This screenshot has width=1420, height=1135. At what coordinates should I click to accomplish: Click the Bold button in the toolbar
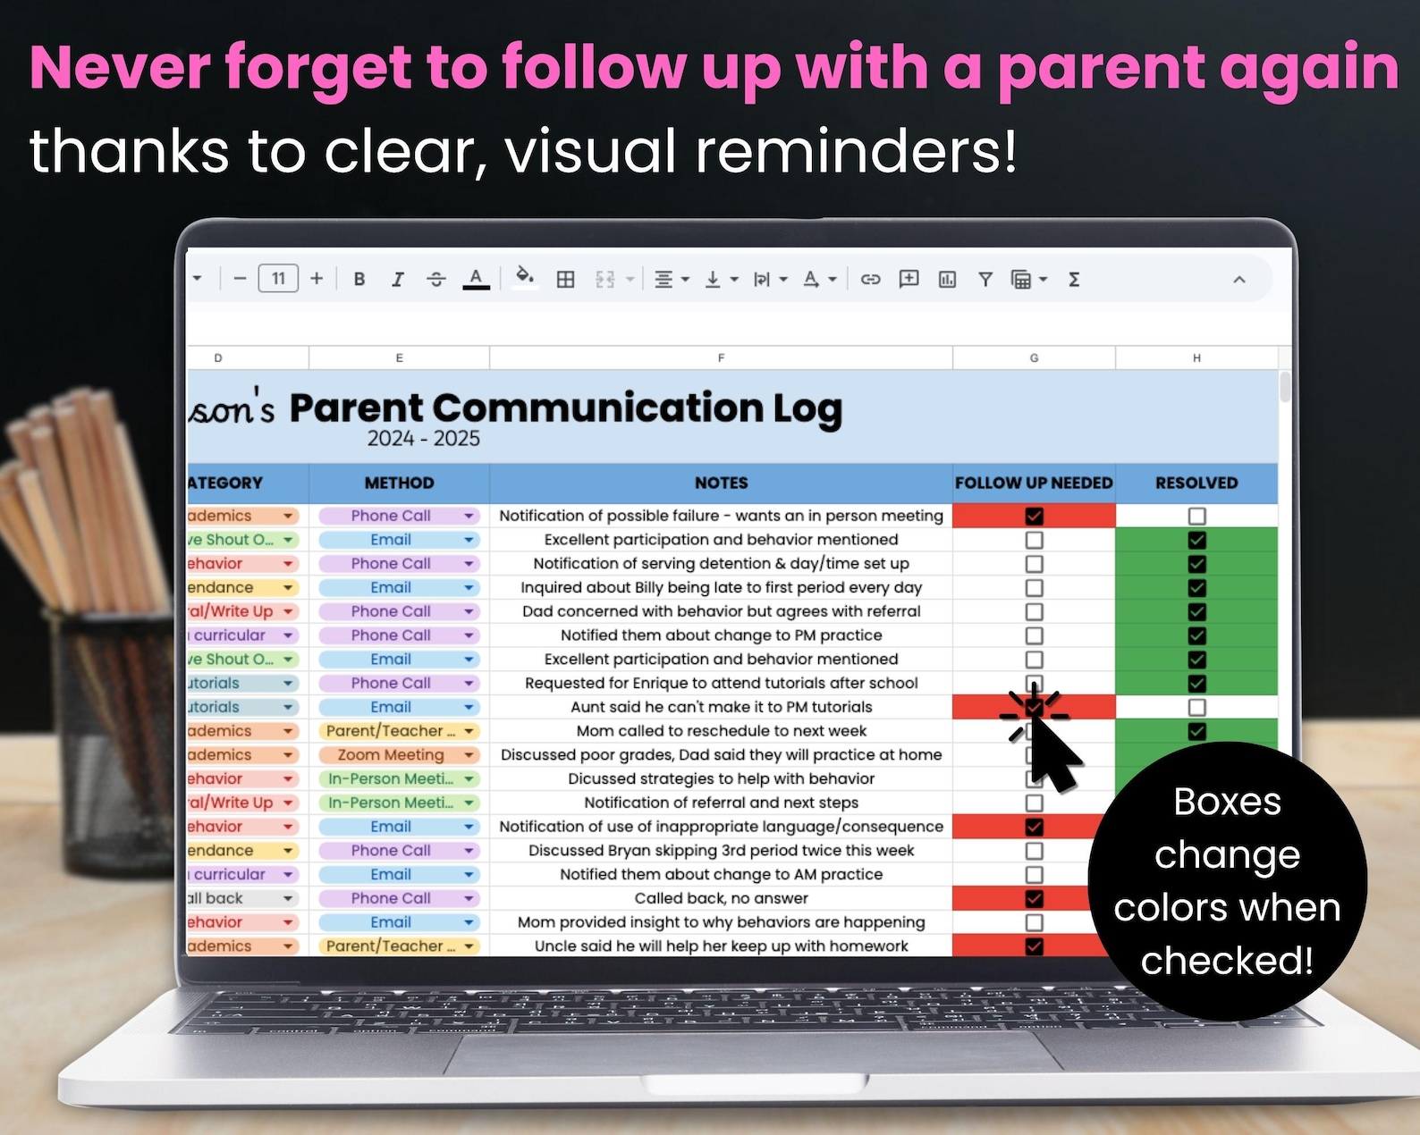pyautogui.click(x=359, y=279)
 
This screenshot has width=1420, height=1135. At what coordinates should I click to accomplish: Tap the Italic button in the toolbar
pyautogui.click(x=397, y=279)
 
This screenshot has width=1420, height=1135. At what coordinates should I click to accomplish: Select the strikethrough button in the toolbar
pyautogui.click(x=435, y=279)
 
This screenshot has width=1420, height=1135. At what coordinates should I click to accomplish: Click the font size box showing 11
pyautogui.click(x=278, y=279)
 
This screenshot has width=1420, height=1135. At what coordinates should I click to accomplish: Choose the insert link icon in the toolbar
pyautogui.click(x=870, y=279)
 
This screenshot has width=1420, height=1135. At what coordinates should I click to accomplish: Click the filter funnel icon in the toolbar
pyautogui.click(x=985, y=279)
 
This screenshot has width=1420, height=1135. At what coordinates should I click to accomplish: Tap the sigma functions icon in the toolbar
pyautogui.click(x=1074, y=279)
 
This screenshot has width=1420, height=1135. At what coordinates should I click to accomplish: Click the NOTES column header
pyautogui.click(x=721, y=483)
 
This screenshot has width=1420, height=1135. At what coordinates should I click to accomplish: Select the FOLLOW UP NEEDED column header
pyautogui.click(x=1034, y=483)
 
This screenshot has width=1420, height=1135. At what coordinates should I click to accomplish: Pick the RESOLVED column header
pyautogui.click(x=1196, y=483)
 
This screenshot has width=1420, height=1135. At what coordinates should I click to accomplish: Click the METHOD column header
pyautogui.click(x=399, y=483)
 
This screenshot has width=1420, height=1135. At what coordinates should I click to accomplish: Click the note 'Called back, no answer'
pyautogui.click(x=721, y=898)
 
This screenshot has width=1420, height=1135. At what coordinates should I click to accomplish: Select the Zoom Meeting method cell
pyautogui.click(x=391, y=755)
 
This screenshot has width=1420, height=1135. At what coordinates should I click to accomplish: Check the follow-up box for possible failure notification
pyautogui.click(x=1034, y=517)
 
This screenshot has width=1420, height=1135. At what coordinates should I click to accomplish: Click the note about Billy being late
pyautogui.click(x=721, y=588)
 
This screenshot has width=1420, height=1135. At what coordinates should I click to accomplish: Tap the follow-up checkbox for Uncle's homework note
pyautogui.click(x=1034, y=946)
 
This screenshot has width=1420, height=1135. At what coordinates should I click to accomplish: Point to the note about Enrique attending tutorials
pyautogui.click(x=721, y=684)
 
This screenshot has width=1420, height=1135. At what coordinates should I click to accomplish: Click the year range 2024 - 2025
pyautogui.click(x=423, y=439)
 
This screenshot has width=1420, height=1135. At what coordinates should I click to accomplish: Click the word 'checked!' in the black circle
pyautogui.click(x=1227, y=961)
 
